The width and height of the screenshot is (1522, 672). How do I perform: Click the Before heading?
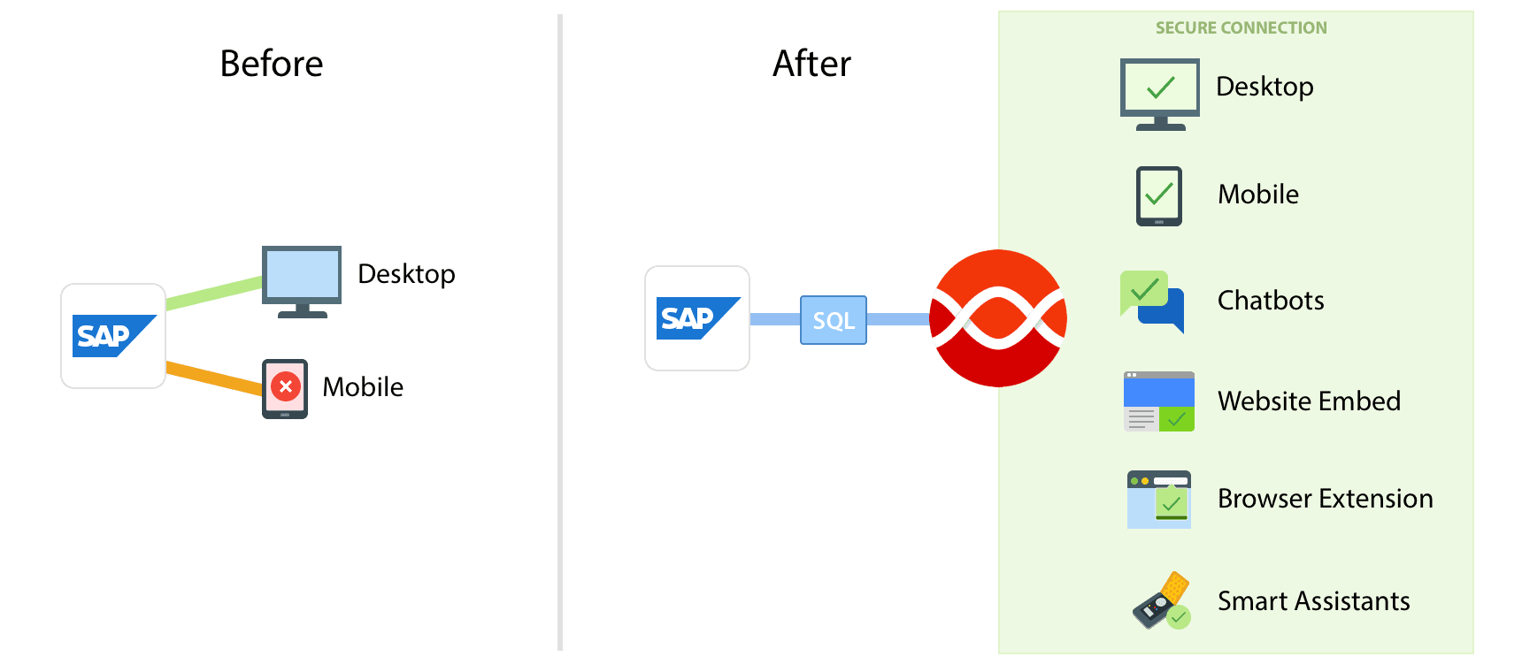[x=272, y=64]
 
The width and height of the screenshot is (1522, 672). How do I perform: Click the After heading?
[x=811, y=64]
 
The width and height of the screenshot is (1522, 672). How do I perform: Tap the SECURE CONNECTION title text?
[x=1241, y=28]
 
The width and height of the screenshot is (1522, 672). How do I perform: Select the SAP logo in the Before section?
[x=113, y=336]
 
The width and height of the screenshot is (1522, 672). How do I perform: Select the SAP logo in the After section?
[x=697, y=318]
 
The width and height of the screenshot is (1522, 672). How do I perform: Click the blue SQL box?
[x=834, y=320]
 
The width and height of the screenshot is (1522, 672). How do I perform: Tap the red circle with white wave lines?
[x=998, y=318]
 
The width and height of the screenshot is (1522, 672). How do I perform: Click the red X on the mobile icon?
[x=285, y=386]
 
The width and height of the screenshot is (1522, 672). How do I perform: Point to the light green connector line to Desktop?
[x=214, y=293]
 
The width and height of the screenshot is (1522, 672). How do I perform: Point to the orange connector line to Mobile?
[x=214, y=377]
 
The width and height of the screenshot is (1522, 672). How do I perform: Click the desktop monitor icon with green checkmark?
[x=1160, y=92]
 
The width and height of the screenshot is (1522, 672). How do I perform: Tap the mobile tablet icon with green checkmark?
[x=1159, y=196]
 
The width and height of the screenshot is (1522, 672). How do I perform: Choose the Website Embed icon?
[x=1159, y=401]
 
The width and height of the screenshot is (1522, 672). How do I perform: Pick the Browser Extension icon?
[x=1159, y=500]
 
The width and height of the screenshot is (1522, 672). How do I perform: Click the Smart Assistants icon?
[x=1161, y=600]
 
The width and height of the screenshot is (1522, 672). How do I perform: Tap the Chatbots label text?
[x=1271, y=301]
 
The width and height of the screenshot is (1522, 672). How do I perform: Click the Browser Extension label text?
[x=1325, y=499]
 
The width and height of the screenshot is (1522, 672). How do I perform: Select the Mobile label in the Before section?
[x=363, y=387]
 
